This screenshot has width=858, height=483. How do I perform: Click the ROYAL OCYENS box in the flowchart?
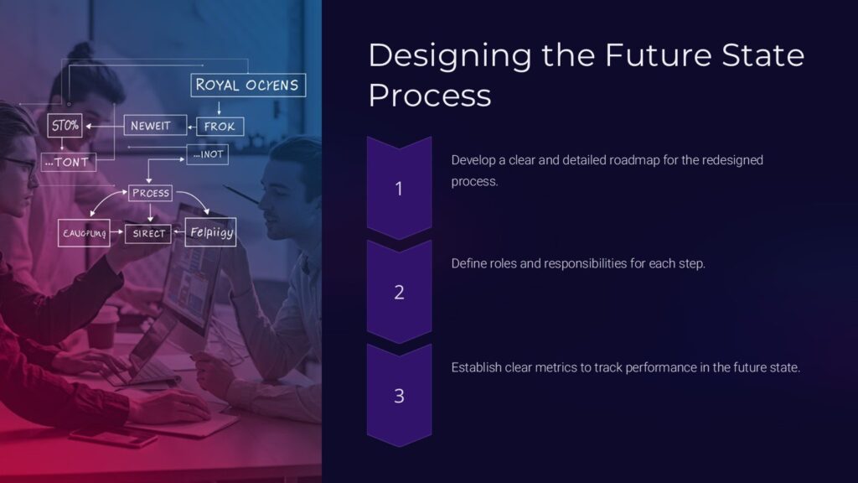[x=247, y=85]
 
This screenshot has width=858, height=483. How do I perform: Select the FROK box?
[x=221, y=127]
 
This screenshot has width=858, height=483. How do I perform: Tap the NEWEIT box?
[x=151, y=126]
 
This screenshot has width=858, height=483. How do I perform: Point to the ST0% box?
[x=65, y=126]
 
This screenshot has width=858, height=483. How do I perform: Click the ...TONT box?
[x=69, y=161]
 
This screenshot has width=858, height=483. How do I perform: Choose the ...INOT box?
[x=207, y=154]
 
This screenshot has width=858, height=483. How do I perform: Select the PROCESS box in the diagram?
[x=151, y=193]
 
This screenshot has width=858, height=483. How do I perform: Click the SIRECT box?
[x=149, y=234]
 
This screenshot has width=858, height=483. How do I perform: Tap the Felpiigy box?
[x=210, y=232]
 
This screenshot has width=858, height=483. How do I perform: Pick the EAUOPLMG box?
[x=84, y=234]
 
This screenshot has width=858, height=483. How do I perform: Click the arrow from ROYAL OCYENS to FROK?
[x=220, y=107]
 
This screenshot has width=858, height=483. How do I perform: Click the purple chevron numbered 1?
[x=399, y=188]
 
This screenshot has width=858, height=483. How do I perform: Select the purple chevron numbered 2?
[x=399, y=292]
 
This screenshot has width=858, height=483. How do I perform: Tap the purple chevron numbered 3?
[x=399, y=395]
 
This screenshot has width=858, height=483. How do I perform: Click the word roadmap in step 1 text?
[x=639, y=159]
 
